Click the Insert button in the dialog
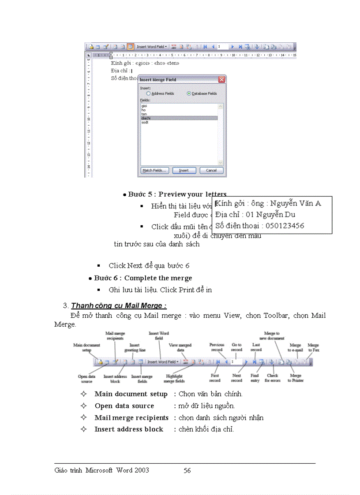click(184, 171)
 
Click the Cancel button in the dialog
click(211, 171)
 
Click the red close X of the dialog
click(221, 80)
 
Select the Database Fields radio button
click(189, 93)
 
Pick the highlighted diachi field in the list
click(145, 118)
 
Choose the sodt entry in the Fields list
click(145, 123)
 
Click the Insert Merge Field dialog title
click(158, 80)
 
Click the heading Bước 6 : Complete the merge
click(143, 278)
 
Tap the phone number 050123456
click(282, 226)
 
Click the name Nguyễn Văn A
click(296, 203)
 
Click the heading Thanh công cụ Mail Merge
click(118, 306)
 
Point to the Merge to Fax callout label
click(313, 347)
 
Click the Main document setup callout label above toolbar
click(86, 347)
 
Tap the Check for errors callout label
click(272, 378)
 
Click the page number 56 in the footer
click(187, 470)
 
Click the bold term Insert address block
click(129, 429)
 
